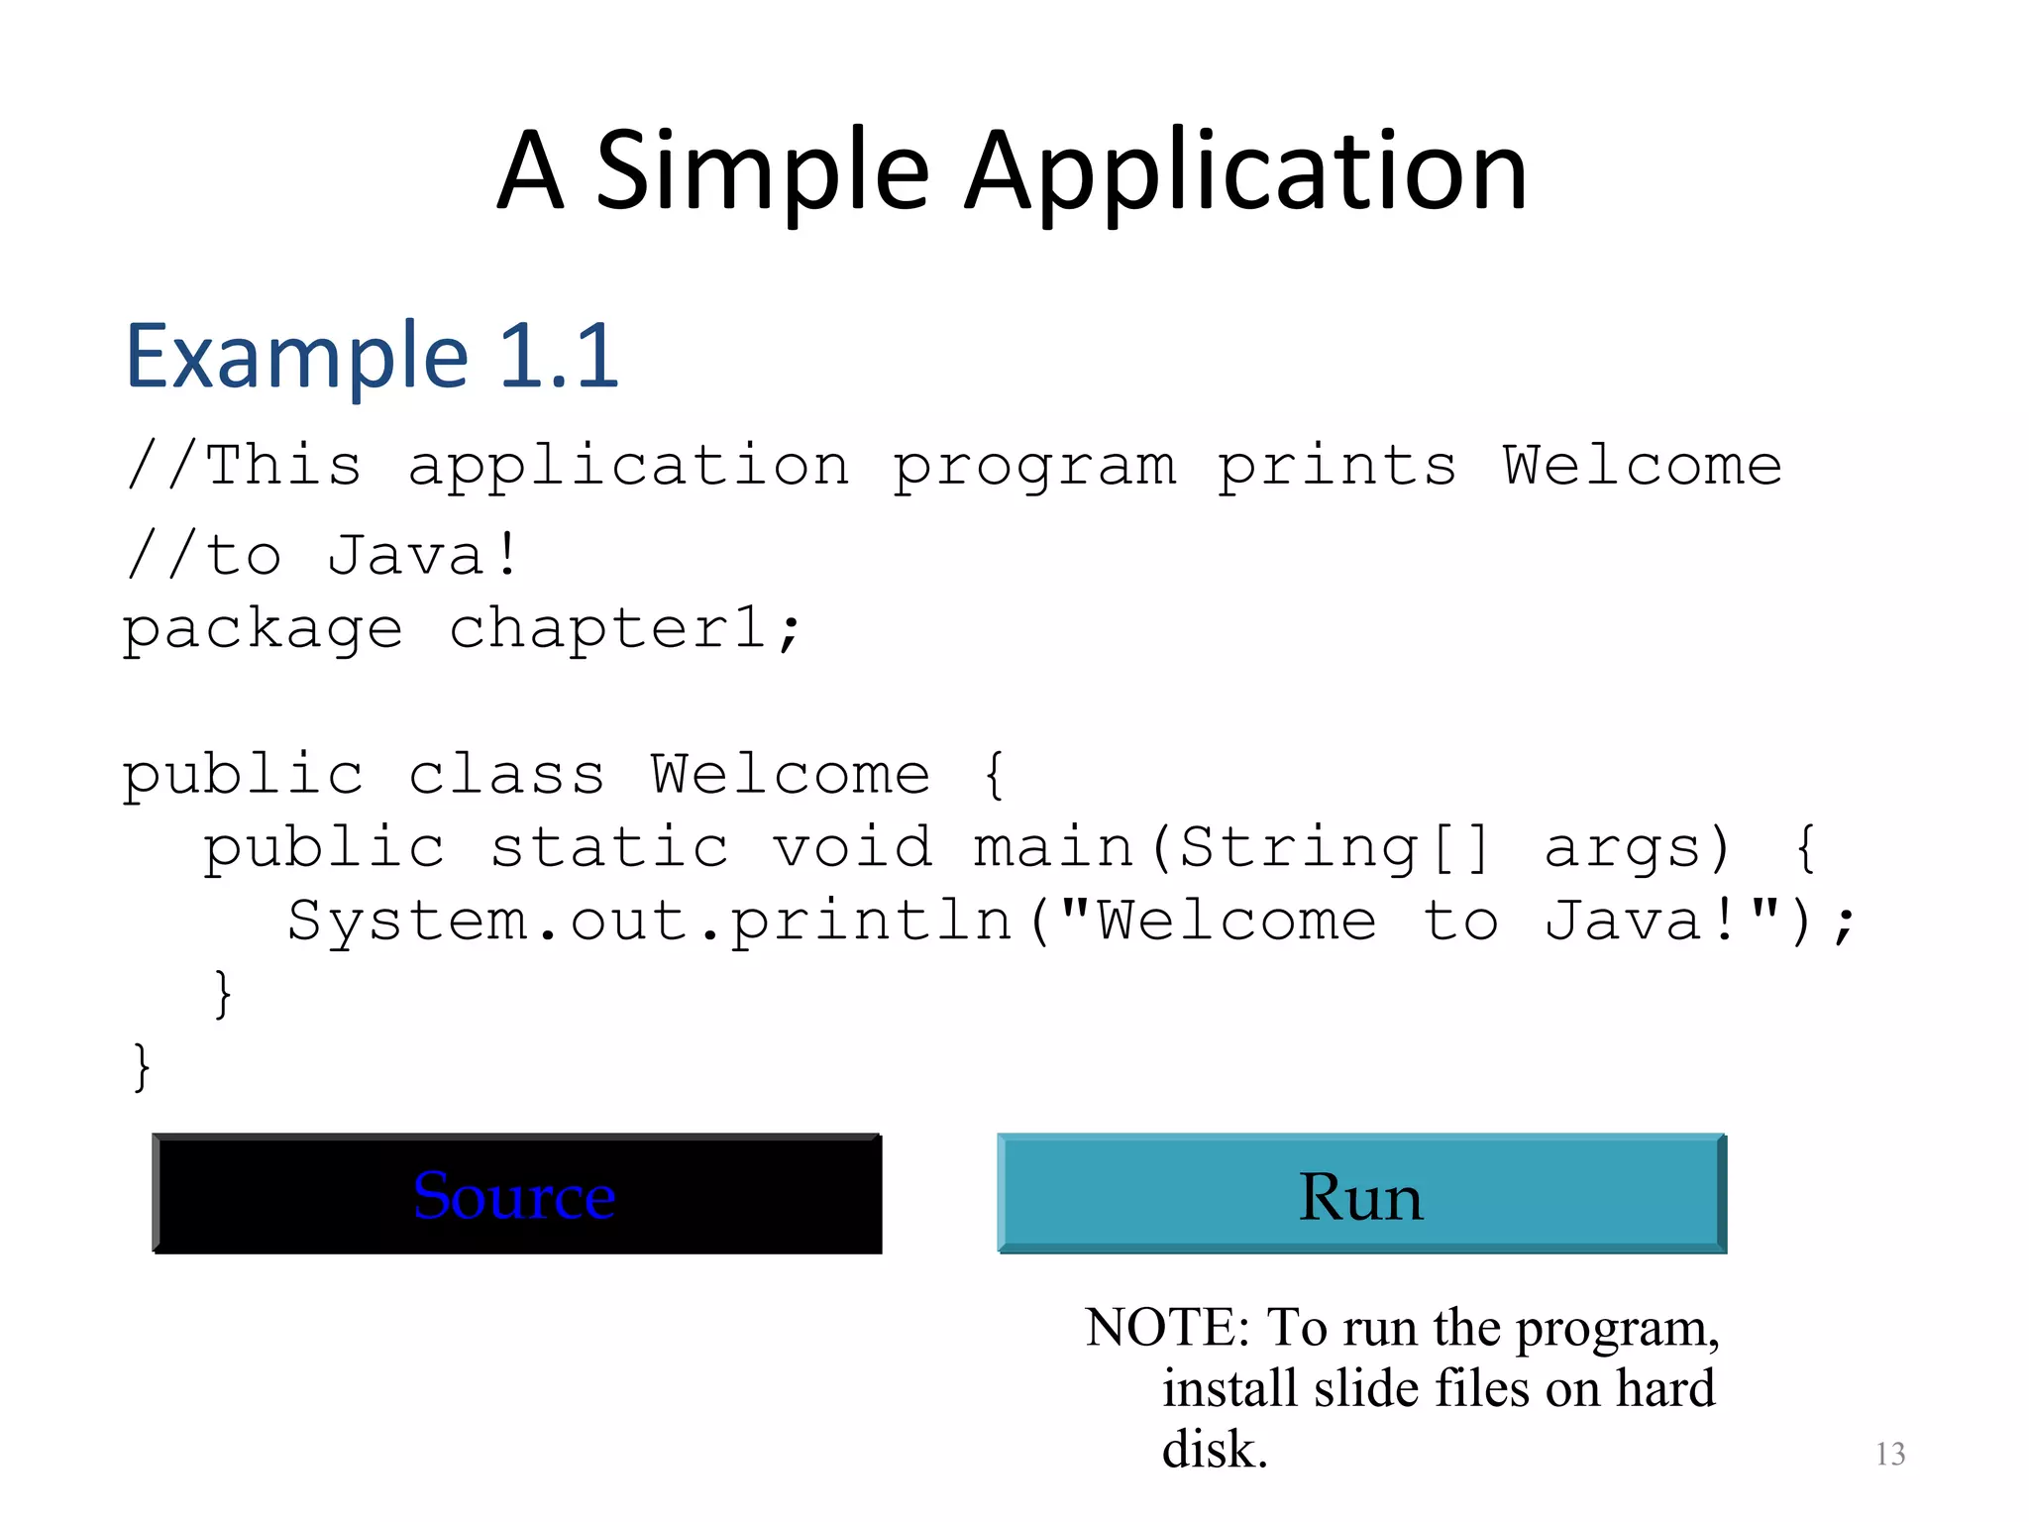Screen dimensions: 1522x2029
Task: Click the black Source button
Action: click(x=516, y=1194)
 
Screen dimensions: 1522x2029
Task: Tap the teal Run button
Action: click(x=1361, y=1194)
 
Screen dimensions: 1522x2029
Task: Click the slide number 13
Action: click(x=1890, y=1454)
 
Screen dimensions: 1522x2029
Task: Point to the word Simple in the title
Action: click(x=762, y=173)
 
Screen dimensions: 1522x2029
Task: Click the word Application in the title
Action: click(x=1245, y=173)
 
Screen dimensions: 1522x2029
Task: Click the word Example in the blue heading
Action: click(x=296, y=357)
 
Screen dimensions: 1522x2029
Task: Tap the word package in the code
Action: click(x=263, y=630)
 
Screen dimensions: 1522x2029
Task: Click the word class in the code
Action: click(x=506, y=774)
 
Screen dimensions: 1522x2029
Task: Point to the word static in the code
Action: click(x=609, y=848)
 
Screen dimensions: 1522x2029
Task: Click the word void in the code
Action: click(x=852, y=848)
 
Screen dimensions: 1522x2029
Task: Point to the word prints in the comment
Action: click(x=1336, y=467)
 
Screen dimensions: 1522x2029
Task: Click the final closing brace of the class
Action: click(x=142, y=1067)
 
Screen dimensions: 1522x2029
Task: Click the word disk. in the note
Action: click(x=1214, y=1450)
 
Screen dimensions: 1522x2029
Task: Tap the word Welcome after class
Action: click(x=790, y=774)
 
